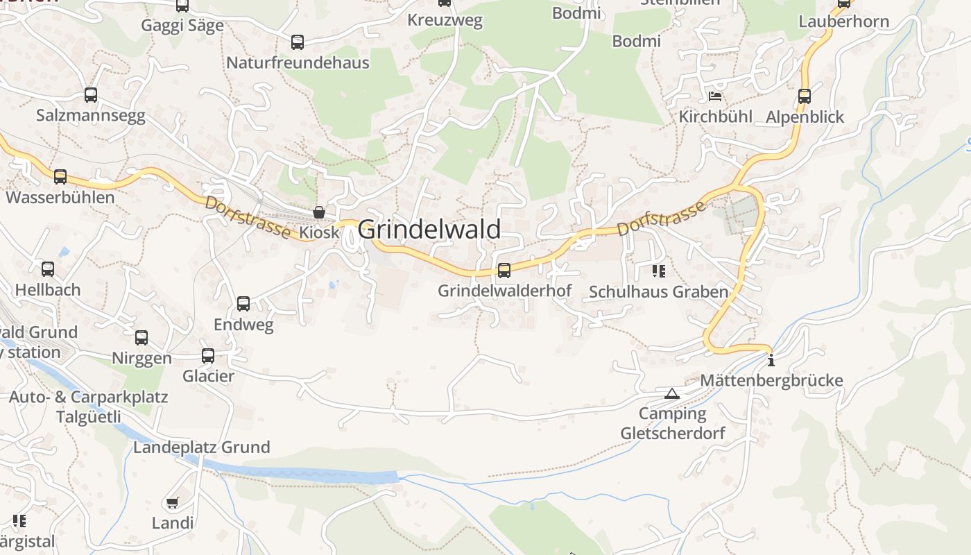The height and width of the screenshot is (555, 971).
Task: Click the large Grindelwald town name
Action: coord(429,229)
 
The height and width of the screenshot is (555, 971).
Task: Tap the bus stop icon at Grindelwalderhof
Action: coord(504,270)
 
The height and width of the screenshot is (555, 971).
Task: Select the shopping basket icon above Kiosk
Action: coord(319,212)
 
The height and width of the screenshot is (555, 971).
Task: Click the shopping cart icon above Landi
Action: coord(172,502)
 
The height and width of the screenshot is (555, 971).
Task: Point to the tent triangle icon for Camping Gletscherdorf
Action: coord(671,394)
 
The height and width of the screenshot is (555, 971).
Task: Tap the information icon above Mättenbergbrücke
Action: coord(771,360)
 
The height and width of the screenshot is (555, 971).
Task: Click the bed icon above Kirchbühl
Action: coord(715,96)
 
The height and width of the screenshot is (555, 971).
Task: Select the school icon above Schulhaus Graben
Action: coord(658,271)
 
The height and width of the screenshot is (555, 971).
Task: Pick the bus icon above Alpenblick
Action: coord(805,96)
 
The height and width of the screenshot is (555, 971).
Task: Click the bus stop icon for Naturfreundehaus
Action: coord(298,42)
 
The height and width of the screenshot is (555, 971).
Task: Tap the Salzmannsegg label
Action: coord(91,115)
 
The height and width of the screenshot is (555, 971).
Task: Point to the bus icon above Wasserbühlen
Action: coord(60,176)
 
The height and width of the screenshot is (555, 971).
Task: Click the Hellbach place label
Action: coord(48,289)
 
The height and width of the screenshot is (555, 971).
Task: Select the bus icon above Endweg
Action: coord(243,303)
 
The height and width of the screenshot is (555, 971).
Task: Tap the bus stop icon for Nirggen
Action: coord(141,338)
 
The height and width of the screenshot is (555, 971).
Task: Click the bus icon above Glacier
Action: coord(208,356)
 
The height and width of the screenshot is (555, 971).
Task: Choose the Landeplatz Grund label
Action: coord(201,447)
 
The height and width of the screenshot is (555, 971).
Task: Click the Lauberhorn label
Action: coord(843,22)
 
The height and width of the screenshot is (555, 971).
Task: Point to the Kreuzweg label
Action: coord(445,20)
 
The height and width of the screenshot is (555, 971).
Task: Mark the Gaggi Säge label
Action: coord(182,26)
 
